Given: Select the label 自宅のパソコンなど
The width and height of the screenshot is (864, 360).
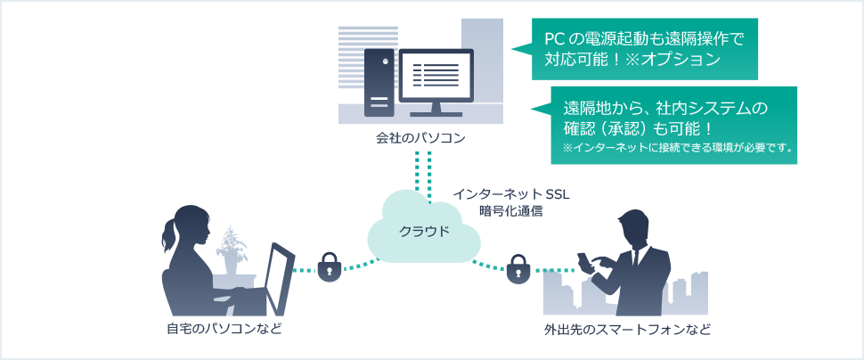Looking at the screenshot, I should pyautogui.click(x=224, y=330).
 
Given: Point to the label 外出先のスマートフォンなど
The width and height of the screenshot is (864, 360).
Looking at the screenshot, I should pyautogui.click(x=628, y=330).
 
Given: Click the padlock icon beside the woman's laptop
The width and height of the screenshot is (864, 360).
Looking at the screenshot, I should pyautogui.click(x=330, y=266).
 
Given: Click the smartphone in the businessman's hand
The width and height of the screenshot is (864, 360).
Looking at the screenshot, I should pyautogui.click(x=583, y=261).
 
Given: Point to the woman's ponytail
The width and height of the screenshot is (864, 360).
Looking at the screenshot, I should pyautogui.click(x=167, y=233).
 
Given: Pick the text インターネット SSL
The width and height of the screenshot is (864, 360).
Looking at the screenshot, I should pyautogui.click(x=510, y=194).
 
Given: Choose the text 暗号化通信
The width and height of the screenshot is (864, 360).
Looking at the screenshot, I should pyautogui.click(x=510, y=211).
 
